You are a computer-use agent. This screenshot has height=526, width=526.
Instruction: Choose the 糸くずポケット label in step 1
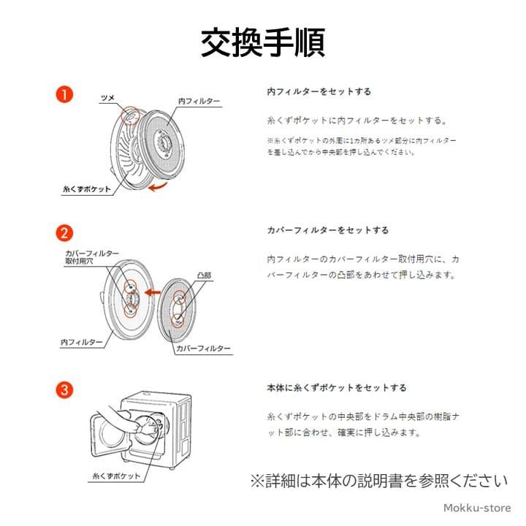click(x=87, y=188)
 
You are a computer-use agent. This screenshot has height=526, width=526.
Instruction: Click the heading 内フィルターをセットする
click(x=319, y=92)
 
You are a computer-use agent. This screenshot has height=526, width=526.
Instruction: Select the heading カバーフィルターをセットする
click(x=327, y=230)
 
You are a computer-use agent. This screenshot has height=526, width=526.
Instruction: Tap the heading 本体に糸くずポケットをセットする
click(x=336, y=388)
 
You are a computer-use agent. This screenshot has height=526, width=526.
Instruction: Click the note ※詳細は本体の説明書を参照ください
click(x=378, y=481)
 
